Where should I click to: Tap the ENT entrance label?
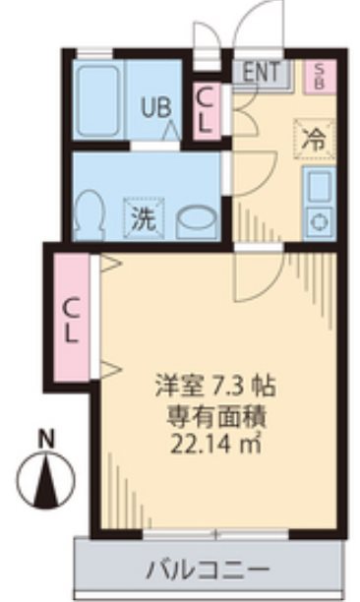click(x=261, y=71)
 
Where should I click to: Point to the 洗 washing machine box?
click(x=143, y=217)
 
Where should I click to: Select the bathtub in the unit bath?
click(x=98, y=98)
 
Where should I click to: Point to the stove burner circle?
click(x=319, y=221)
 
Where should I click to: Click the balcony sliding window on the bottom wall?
click(x=215, y=533)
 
